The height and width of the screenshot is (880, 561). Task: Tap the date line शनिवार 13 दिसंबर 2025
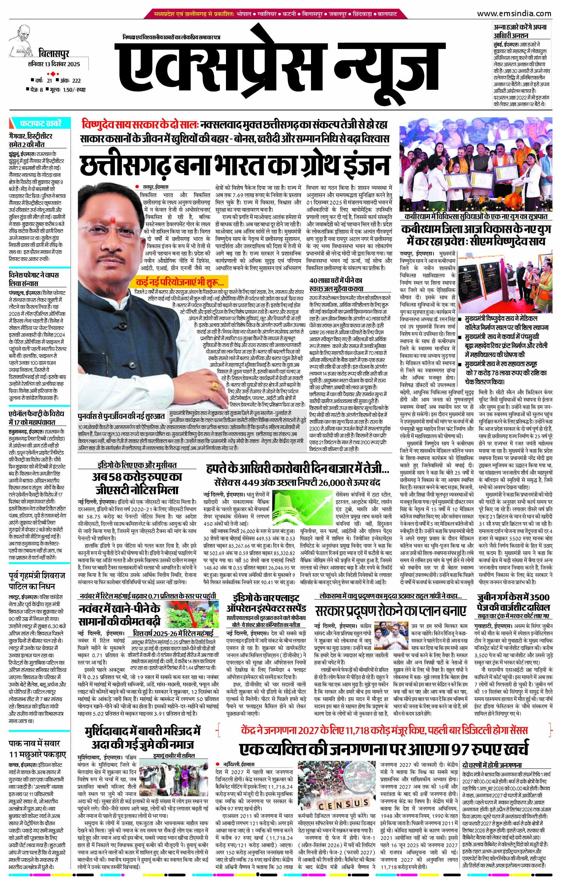pyautogui.click(x=54, y=65)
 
